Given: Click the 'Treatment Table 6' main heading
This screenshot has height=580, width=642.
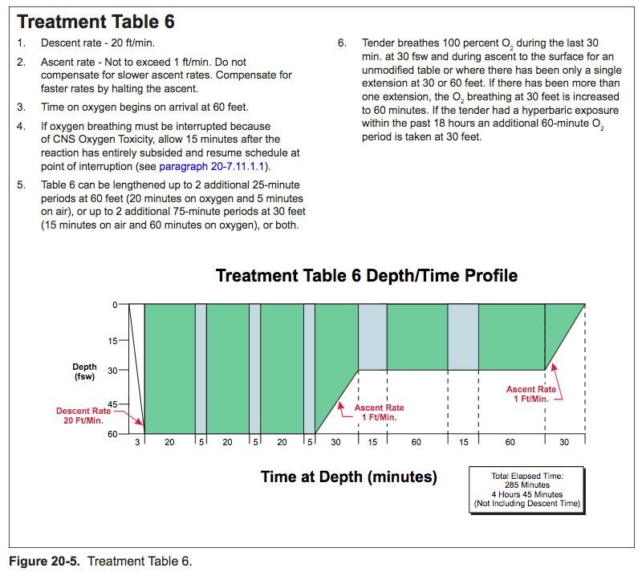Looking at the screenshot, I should point(96,21).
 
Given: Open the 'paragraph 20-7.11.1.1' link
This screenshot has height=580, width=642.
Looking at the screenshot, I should point(213,167).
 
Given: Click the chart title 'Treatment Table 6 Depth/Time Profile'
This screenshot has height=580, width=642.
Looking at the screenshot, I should point(367,276).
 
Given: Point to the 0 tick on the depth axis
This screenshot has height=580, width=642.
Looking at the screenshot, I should point(115,305).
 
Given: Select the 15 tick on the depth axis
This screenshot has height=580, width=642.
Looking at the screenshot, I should point(112,340).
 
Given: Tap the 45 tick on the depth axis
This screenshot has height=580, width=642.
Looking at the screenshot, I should point(112,404).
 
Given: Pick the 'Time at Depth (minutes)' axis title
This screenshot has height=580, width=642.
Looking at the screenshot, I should point(348,477).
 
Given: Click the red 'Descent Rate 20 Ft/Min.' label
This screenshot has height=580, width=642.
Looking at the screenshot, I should point(83,416).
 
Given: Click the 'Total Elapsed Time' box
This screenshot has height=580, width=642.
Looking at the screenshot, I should point(526,489).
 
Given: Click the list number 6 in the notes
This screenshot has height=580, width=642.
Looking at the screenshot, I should point(342,43).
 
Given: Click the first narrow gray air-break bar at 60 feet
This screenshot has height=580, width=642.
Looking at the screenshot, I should point(201,369).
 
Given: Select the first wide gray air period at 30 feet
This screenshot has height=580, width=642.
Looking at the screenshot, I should point(372,337).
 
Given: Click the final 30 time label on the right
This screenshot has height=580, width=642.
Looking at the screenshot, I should point(564,442).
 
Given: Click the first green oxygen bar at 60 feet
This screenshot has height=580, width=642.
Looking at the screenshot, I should point(169,369).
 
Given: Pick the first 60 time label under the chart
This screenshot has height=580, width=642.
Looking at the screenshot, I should point(416,442).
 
